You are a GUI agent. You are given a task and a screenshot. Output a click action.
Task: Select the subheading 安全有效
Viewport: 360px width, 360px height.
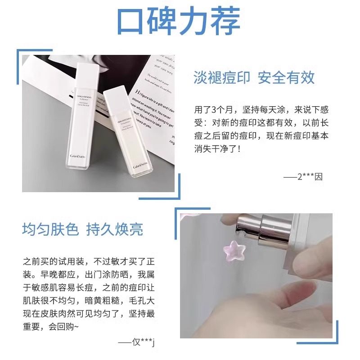click(286, 77)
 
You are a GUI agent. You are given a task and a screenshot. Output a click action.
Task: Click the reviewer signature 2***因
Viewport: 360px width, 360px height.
click(309, 176)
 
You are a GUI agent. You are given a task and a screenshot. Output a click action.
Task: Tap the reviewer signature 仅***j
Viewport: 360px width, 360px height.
click(141, 344)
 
